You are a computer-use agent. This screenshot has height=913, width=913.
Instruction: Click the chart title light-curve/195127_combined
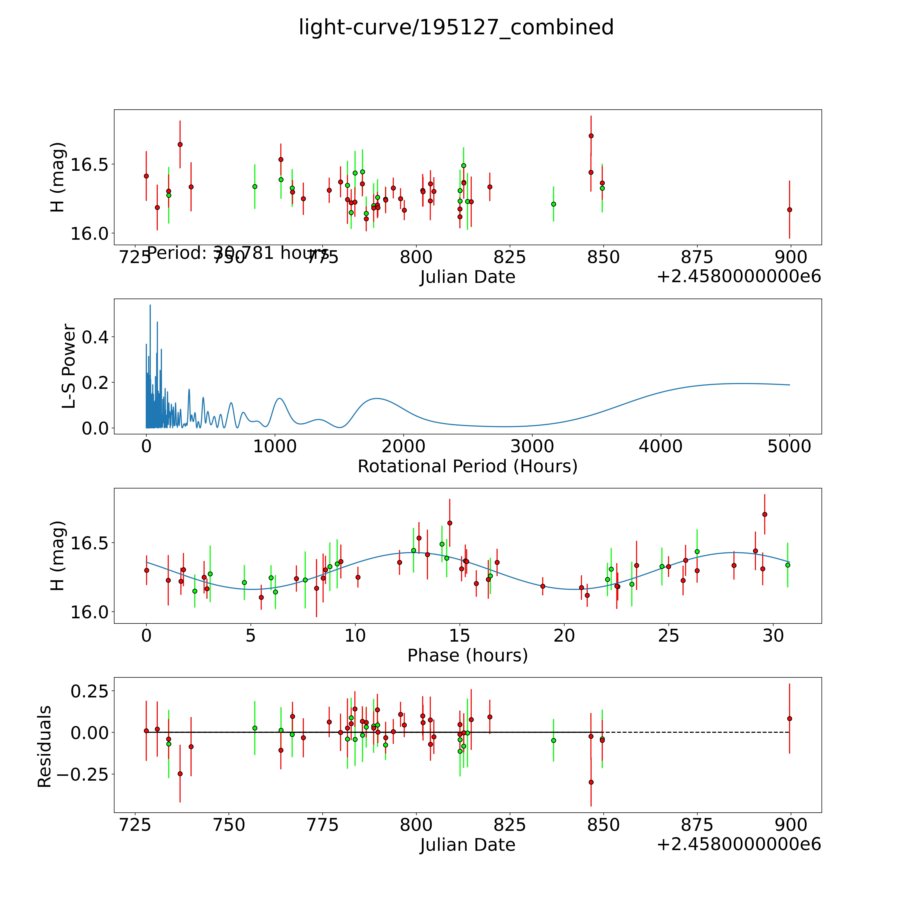(x=456, y=27)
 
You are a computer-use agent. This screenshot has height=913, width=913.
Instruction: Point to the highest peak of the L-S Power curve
(x=150, y=305)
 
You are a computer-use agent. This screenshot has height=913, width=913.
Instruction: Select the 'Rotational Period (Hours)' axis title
(x=467, y=466)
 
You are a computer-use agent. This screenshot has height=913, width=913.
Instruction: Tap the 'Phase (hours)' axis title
(x=467, y=656)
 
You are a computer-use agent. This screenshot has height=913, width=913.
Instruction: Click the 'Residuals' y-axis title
(x=44, y=747)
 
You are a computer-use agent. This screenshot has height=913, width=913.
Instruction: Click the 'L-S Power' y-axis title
(x=69, y=366)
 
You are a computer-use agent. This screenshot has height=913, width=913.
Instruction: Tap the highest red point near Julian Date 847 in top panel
(x=591, y=136)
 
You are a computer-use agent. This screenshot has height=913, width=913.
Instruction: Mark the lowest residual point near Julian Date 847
(x=591, y=782)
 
